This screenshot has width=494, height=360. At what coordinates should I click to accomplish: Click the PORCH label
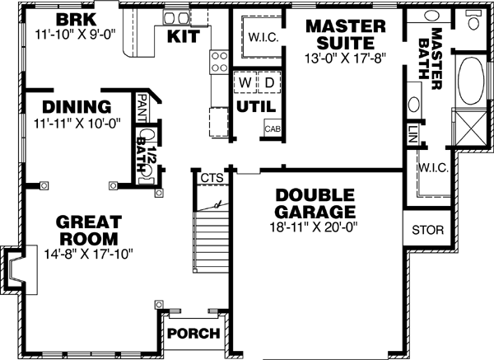(193, 334)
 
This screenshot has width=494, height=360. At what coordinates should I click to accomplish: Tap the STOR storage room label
(427, 230)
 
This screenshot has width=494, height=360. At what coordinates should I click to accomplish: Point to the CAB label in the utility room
(273, 129)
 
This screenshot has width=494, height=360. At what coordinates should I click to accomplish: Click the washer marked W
(245, 85)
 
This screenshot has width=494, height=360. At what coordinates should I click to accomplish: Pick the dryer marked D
(268, 85)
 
